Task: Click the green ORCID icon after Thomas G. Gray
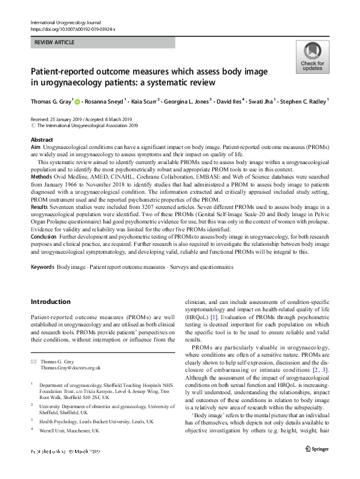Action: point(78,101)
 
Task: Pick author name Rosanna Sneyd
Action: point(104,101)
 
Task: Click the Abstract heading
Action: point(42,139)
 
